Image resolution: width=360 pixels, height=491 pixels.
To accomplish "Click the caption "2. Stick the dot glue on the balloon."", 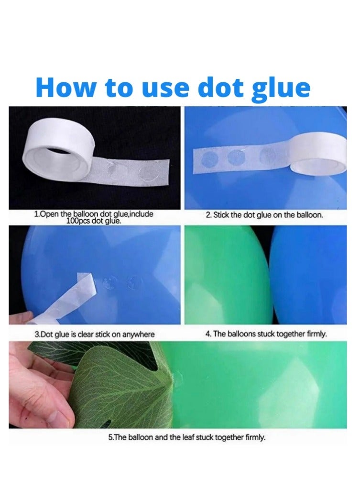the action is click(x=264, y=215).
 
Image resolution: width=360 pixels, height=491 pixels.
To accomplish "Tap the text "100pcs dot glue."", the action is click(x=94, y=221).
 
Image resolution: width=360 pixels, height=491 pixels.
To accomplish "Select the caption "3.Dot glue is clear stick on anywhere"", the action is click(x=95, y=335).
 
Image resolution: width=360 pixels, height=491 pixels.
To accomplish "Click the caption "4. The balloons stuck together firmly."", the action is click(x=266, y=334).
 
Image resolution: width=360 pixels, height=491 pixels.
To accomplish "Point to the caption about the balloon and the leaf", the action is click(x=187, y=437).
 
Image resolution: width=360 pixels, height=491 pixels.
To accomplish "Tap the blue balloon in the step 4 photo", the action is click(x=308, y=275).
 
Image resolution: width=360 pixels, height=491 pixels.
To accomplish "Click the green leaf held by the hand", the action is click(x=122, y=385).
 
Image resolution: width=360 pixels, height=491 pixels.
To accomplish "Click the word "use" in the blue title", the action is click(x=165, y=89).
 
